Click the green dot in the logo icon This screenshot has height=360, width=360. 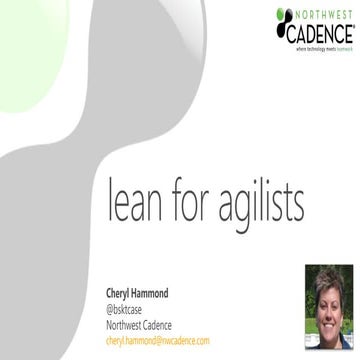pos(277,14)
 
